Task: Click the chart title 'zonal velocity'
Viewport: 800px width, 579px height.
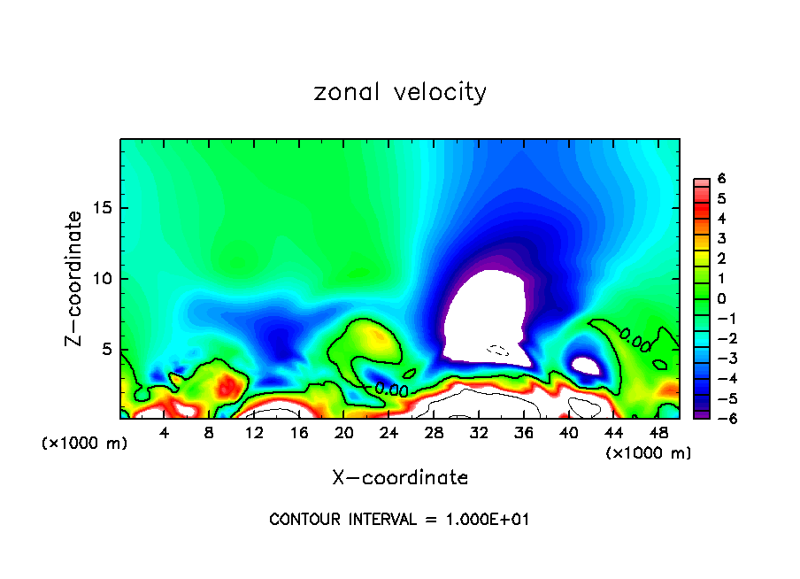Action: click(x=400, y=92)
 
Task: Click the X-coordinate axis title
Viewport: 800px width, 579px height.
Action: click(x=400, y=478)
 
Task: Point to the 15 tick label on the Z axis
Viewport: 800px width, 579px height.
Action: click(x=101, y=208)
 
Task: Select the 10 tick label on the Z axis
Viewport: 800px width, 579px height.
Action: click(x=101, y=279)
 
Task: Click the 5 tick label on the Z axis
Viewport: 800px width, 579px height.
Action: click(x=105, y=350)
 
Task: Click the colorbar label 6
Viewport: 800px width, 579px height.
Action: click(x=721, y=179)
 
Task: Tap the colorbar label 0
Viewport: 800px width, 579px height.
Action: click(x=721, y=298)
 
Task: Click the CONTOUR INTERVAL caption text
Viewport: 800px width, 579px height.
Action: click(x=400, y=520)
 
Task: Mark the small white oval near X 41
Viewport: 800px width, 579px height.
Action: click(x=586, y=365)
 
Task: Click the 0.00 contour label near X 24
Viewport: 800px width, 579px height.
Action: click(x=390, y=389)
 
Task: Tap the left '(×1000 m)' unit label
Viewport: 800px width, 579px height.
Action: click(x=85, y=443)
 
